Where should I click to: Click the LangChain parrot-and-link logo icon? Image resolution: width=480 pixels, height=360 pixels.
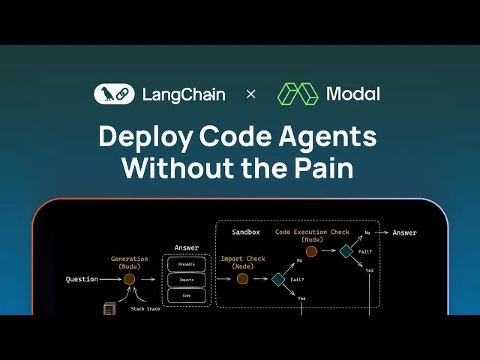point(114,94)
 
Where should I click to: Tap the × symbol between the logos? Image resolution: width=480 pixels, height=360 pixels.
point(251,94)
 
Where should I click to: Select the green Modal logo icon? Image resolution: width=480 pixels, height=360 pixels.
point(298,94)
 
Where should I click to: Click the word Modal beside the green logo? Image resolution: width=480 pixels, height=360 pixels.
point(352,94)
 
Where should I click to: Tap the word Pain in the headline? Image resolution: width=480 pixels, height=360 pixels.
point(324,167)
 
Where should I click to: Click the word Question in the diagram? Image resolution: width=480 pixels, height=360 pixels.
point(82,279)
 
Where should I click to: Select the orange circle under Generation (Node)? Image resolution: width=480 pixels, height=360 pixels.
point(129,279)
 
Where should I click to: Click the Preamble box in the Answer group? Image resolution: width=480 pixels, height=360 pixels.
point(186,264)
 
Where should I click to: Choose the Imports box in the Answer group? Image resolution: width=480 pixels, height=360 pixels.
point(186,280)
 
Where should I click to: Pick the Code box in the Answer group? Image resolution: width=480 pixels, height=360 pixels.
point(186,295)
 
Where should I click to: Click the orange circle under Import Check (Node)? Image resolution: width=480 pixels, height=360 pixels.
point(242,279)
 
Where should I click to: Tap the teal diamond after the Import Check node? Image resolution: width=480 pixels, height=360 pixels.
point(278,279)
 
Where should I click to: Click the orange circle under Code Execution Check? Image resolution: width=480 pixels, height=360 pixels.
point(311,252)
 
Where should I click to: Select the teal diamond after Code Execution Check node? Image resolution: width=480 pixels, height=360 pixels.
point(346,252)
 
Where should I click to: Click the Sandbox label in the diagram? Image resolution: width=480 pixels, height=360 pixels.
point(245,232)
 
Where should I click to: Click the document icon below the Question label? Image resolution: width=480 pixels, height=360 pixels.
point(109,309)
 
